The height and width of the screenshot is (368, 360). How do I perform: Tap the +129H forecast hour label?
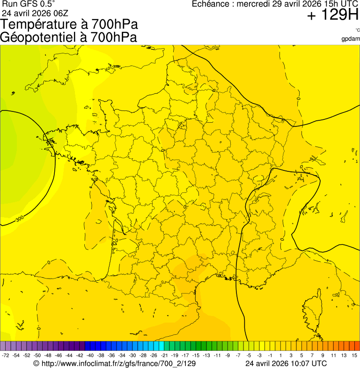(x=332, y=16)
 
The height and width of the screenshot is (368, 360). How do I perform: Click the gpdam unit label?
(x=351, y=38)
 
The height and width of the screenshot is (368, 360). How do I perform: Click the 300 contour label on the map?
(x=20, y=218)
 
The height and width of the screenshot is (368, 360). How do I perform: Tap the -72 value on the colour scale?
(x=6, y=356)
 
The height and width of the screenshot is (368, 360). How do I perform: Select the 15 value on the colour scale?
(x=355, y=356)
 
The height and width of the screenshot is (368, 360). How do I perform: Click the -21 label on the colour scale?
(x=164, y=356)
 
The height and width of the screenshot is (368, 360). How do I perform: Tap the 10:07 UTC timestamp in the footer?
(x=306, y=363)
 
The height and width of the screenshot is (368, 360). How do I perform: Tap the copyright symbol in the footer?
(x=37, y=363)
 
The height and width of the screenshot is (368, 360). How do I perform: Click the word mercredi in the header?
(x=253, y=4)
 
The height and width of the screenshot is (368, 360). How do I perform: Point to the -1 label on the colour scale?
(x=270, y=356)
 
